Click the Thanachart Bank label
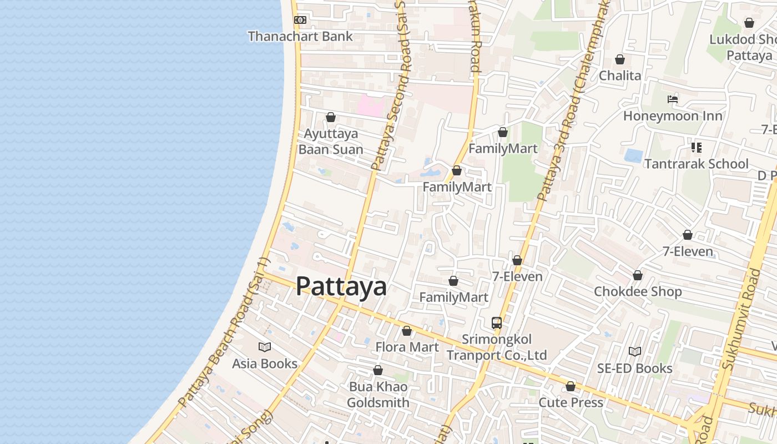coord(300,37)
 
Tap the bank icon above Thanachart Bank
coord(300,20)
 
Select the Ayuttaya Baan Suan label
coord(331,142)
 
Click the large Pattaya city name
coord(341,287)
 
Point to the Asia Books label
coord(265,364)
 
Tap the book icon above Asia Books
coord(265,347)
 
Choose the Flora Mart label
coord(407,347)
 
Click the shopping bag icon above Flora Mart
coord(407,331)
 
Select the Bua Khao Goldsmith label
coord(378,395)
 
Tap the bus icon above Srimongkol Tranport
coord(497,322)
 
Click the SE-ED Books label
coord(634,369)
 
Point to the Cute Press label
coord(571,402)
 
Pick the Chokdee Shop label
coord(638,292)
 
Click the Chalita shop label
coord(620,75)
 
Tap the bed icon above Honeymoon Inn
coord(673,99)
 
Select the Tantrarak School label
coord(696,164)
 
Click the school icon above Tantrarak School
coord(696,148)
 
